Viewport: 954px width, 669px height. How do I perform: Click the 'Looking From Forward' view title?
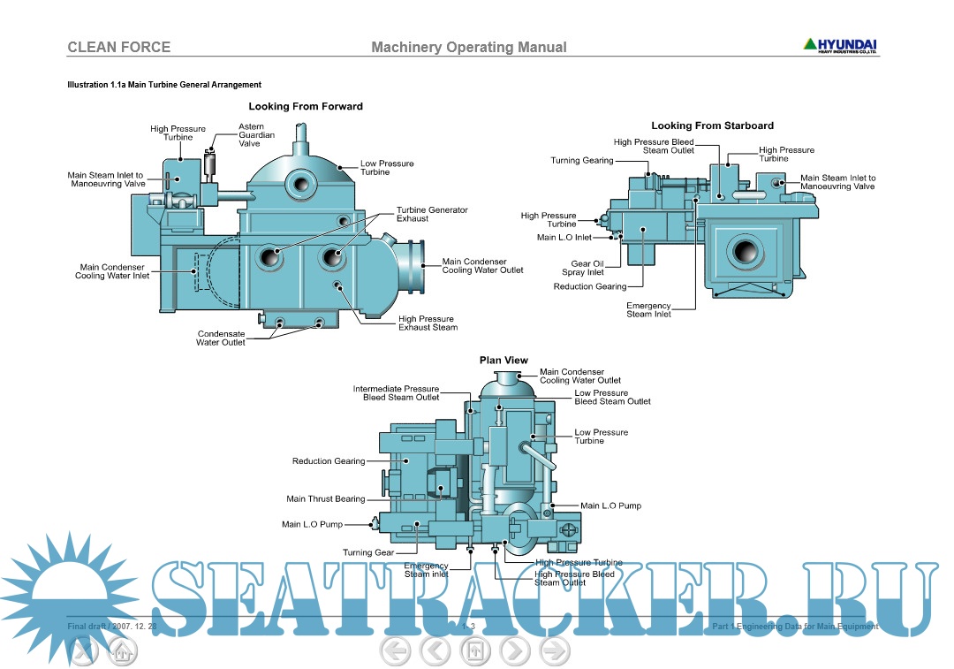pos(306,106)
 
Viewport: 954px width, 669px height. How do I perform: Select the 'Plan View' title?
pos(503,360)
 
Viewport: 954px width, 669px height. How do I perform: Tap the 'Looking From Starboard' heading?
pos(712,125)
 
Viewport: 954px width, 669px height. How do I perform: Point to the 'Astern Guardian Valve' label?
pos(256,135)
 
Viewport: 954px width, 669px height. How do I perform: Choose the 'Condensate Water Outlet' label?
pos(221,338)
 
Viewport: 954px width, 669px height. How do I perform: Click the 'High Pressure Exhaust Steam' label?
pos(428,323)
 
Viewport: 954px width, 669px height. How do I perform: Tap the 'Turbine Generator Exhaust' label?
pos(432,214)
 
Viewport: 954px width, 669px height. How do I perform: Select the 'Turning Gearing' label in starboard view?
pos(582,161)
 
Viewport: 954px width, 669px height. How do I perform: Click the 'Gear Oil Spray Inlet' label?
pos(587,268)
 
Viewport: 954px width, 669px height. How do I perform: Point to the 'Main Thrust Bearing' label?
pos(325,499)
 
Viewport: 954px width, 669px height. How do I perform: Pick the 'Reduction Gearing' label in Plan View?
pos(329,461)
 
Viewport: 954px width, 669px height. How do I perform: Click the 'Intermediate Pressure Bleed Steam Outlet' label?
pos(396,393)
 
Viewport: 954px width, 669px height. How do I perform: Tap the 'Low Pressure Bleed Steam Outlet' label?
pos(612,397)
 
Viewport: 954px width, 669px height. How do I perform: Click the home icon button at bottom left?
pos(122,652)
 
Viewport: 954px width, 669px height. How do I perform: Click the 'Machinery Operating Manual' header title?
pos(469,47)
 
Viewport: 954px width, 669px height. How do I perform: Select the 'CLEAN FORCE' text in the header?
pos(119,47)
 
